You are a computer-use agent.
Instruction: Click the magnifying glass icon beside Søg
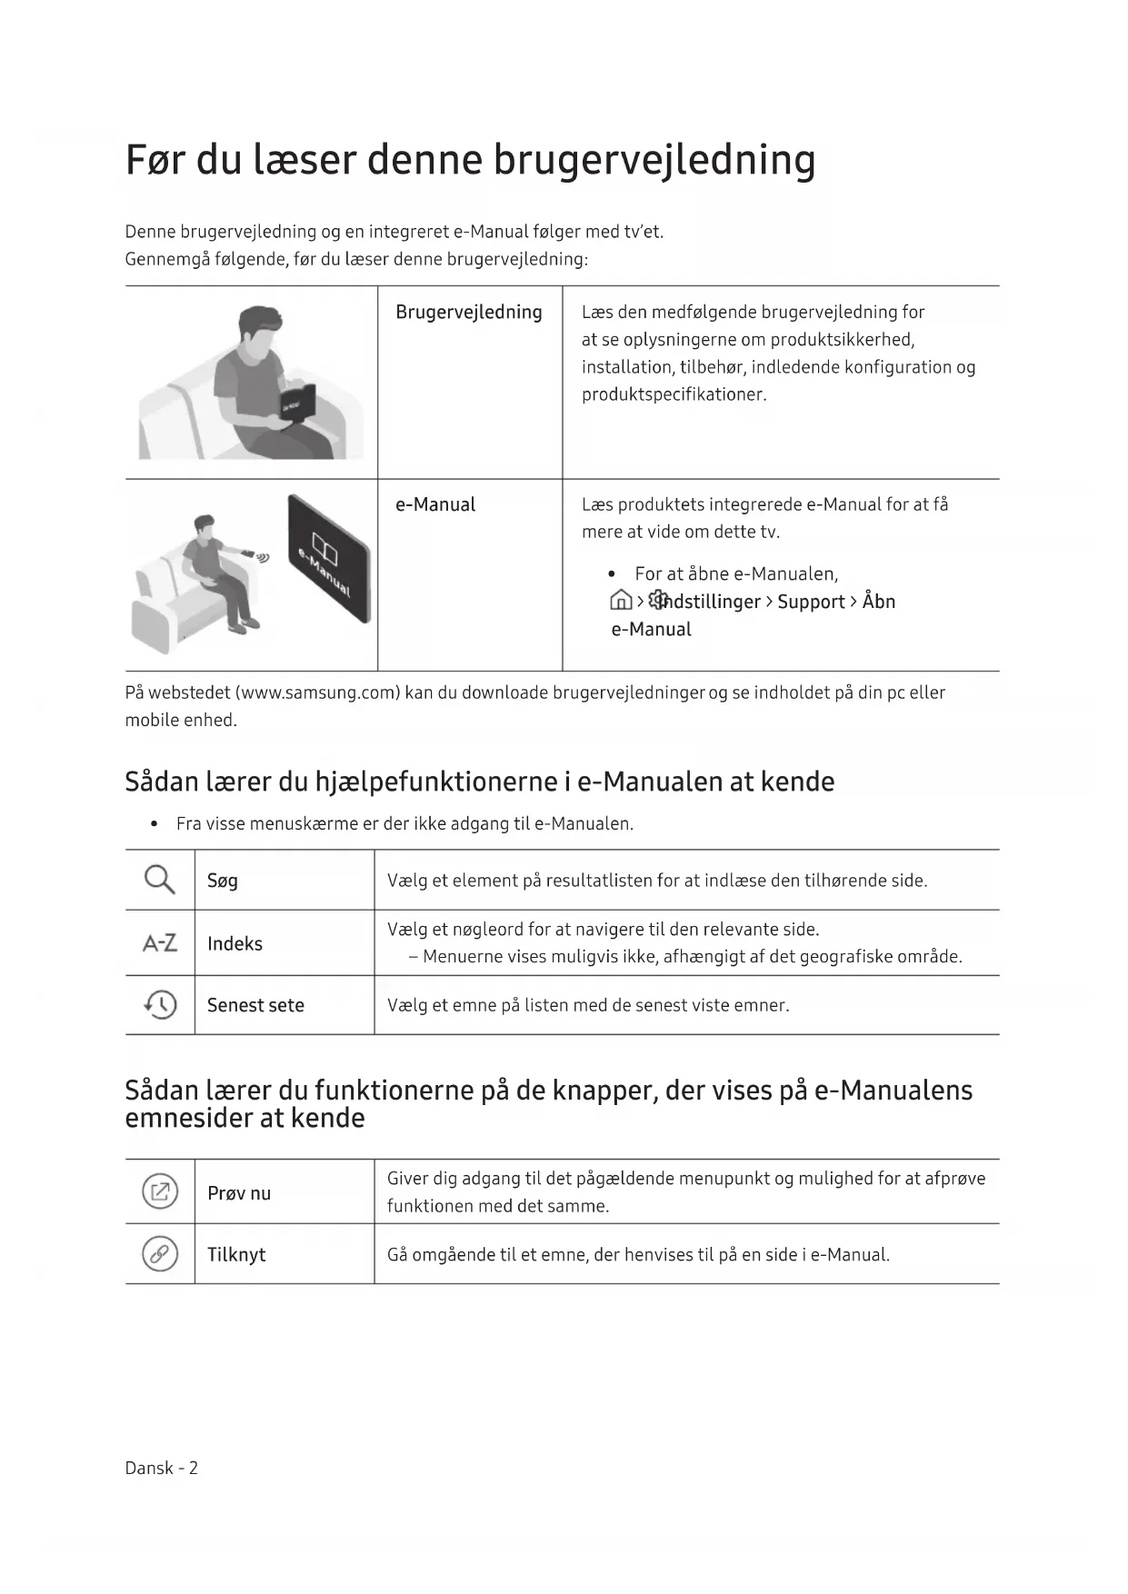click(159, 880)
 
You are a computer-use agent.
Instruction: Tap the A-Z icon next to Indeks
click(159, 943)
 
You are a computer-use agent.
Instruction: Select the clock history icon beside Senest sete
click(160, 1004)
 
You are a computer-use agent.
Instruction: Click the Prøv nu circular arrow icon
click(160, 1192)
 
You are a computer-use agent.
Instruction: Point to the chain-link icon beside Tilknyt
click(160, 1254)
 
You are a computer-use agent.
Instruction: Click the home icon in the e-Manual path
click(621, 601)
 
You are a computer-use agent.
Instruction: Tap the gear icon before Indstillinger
click(659, 600)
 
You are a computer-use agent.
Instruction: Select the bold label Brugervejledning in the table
click(468, 313)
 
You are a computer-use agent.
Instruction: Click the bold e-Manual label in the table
click(434, 505)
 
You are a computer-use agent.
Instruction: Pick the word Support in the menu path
click(811, 602)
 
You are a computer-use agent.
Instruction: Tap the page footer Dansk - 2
click(161, 1468)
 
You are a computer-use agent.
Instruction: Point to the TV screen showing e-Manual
click(329, 559)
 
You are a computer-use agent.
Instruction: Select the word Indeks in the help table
click(235, 944)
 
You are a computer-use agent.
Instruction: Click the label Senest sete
click(255, 1005)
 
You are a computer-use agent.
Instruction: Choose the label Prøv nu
click(239, 1193)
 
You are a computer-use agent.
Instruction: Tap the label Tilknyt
click(236, 1255)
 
